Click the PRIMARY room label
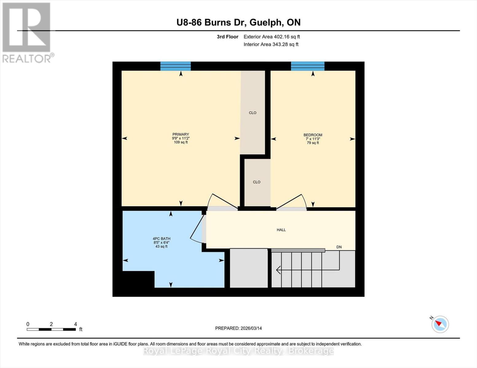[181, 134]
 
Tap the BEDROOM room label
[313, 135]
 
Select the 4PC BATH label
[161, 239]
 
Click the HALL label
[281, 230]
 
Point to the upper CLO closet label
[252, 113]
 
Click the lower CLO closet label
[256, 182]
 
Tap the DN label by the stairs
[339, 247]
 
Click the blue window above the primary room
[175, 66]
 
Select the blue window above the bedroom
[307, 66]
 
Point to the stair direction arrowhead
[278, 270]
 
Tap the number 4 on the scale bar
[76, 324]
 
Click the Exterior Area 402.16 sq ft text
[272, 37]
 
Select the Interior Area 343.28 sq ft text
[271, 44]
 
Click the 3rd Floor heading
[227, 37]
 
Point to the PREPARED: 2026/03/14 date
[238, 328]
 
